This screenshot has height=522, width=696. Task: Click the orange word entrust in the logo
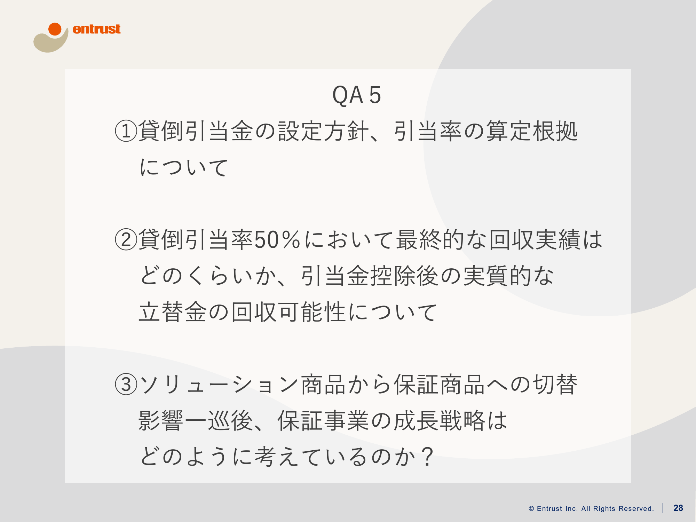[96, 29]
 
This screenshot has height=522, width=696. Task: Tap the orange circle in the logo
[55, 29]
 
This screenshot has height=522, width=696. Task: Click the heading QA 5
[357, 95]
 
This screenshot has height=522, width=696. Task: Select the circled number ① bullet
[126, 131]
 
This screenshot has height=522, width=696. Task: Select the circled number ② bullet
[126, 240]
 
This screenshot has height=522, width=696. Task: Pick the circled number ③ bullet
[126, 385]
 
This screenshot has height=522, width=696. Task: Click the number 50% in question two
[277, 240]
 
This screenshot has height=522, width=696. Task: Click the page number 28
[678, 508]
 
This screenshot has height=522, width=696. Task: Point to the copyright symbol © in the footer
[531, 508]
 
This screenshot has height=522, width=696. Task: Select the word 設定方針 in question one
[323, 131]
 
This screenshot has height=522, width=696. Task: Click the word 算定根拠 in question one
[532, 131]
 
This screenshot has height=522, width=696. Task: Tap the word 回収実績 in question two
[535, 240]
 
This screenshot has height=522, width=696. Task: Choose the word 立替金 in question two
[173, 312]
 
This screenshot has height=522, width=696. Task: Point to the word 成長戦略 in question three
[440, 420]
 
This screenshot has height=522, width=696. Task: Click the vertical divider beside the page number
[663, 508]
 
